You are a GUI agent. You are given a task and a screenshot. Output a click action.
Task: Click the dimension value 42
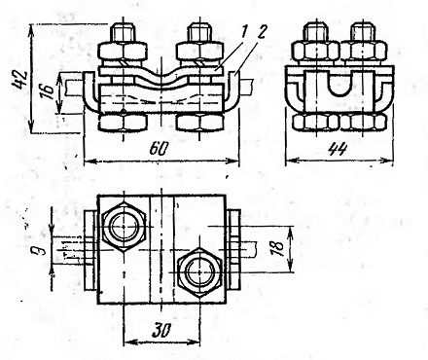tap(18, 80)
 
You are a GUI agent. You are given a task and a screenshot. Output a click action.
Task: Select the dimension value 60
tap(160, 149)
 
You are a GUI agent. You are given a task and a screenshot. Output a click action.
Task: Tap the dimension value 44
tap(338, 150)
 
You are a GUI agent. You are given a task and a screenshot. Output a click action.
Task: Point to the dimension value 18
tap(278, 249)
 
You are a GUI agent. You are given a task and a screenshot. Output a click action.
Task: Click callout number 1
tap(244, 33)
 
